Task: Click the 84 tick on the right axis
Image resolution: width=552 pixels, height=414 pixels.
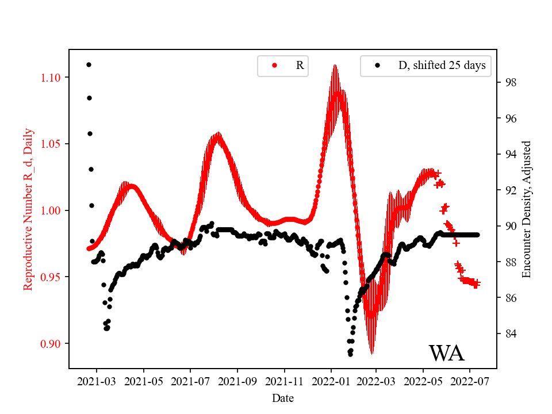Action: [509, 333]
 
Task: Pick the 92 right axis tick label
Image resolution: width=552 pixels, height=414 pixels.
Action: [509, 190]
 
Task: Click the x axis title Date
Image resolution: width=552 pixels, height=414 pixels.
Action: [282, 398]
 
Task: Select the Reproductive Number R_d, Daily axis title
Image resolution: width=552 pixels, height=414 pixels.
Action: [28, 209]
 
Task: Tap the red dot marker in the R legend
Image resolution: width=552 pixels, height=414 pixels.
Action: [274, 66]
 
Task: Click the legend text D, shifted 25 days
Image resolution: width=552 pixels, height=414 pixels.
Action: [442, 66]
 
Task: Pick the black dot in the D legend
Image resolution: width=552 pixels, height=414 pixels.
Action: [377, 66]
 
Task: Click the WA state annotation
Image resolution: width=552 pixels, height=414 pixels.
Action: [446, 353]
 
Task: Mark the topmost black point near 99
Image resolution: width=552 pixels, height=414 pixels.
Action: [89, 64]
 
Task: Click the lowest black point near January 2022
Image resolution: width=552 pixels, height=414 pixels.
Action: [350, 354]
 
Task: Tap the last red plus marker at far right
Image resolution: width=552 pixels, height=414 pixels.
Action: [477, 283]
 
